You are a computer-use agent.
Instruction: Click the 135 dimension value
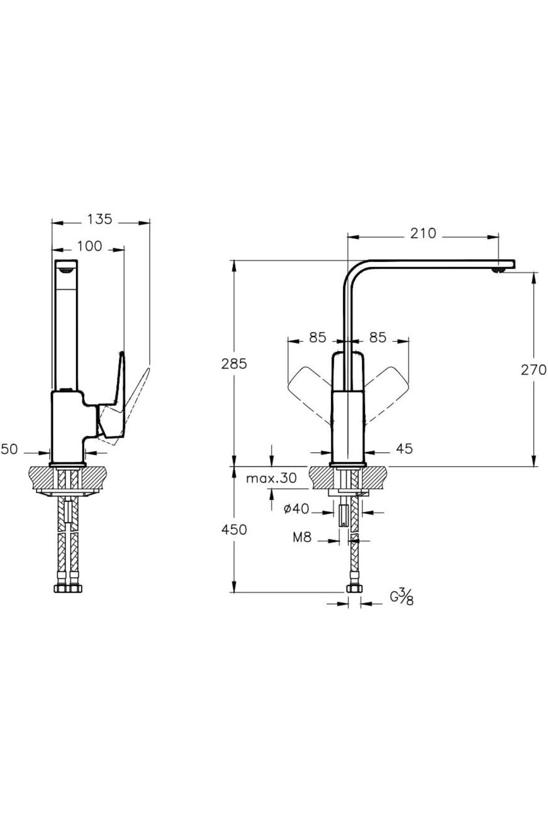(100, 220)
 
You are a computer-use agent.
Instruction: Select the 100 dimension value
(90, 247)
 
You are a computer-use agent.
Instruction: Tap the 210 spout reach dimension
(423, 234)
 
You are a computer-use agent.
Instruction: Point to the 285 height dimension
(234, 364)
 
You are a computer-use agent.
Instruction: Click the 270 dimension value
(533, 369)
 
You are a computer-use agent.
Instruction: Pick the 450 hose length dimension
(234, 530)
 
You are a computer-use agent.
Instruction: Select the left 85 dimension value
(317, 337)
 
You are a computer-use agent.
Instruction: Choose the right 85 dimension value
(378, 337)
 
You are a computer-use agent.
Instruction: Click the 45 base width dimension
(404, 449)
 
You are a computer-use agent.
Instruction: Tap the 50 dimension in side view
(10, 450)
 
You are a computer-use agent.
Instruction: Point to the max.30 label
(271, 479)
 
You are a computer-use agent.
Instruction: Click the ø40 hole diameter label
(296, 509)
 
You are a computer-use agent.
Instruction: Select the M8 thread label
(302, 537)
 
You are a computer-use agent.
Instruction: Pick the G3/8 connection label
(402, 597)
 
